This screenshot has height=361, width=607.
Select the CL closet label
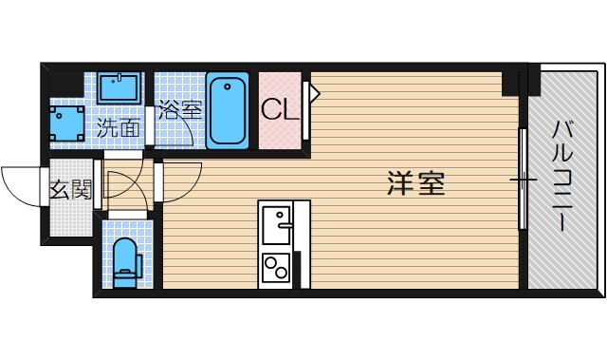pos(280,108)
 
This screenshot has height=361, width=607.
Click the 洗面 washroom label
pos(120,128)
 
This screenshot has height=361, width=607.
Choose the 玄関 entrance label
pos(70,192)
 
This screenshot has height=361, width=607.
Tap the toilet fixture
pos(125,262)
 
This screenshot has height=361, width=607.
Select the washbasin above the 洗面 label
pos(119,91)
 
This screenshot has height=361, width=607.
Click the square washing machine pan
pos(66,122)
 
